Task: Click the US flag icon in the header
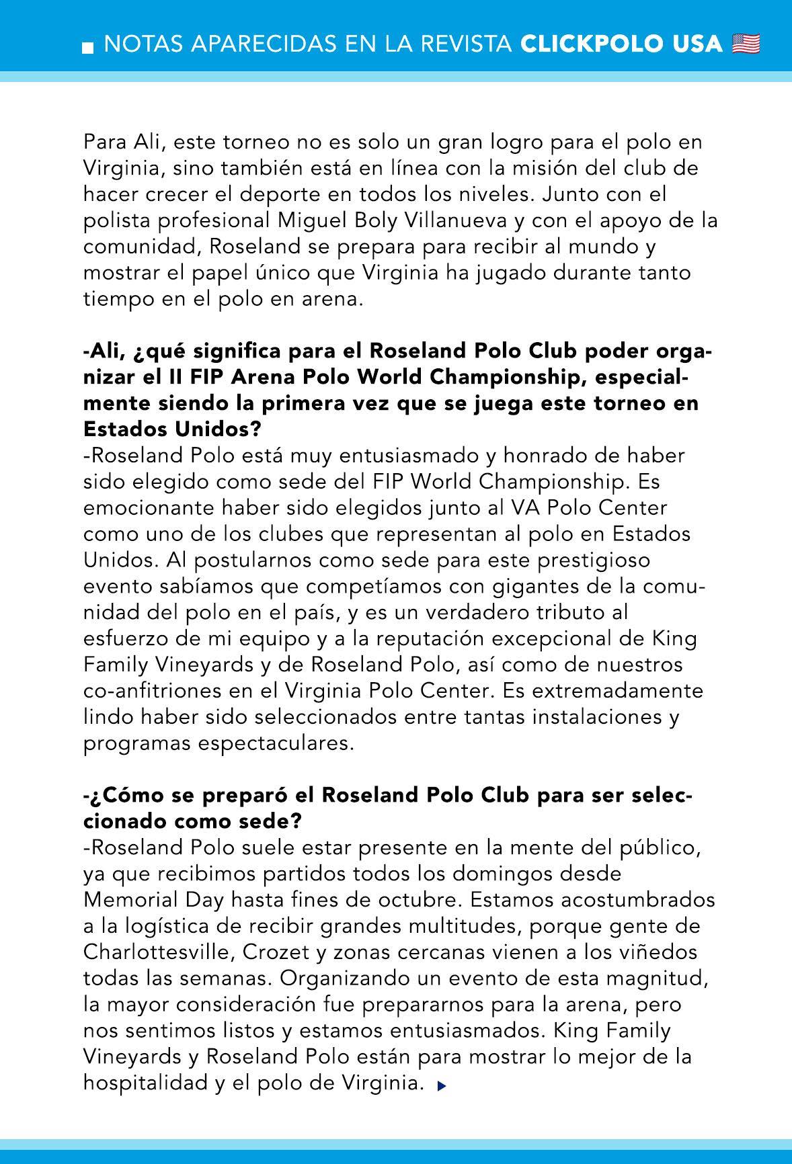746,44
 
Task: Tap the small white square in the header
88,47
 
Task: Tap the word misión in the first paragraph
520,168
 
